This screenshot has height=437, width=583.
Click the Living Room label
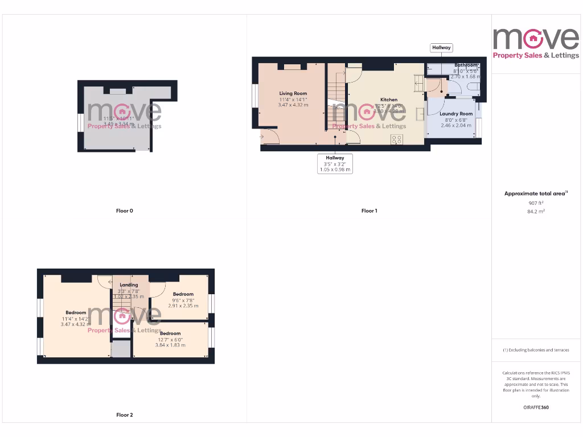293,93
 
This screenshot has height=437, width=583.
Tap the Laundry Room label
456,114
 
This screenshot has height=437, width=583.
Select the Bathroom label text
465,65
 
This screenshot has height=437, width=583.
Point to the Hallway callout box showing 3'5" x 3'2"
335,163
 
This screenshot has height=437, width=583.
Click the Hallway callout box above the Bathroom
441,48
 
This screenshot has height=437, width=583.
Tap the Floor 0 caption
124,211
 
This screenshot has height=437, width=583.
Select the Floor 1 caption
369,211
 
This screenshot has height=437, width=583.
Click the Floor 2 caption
124,415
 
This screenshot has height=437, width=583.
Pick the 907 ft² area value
536,203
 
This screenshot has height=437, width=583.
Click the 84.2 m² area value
536,211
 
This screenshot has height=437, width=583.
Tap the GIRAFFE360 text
536,407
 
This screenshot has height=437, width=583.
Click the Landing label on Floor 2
129,285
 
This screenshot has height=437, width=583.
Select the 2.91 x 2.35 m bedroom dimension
183,306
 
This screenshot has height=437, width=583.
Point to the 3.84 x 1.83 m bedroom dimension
170,345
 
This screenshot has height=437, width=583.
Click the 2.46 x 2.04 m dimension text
456,125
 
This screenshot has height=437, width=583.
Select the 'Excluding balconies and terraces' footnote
536,350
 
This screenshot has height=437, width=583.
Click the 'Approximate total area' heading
535,194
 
